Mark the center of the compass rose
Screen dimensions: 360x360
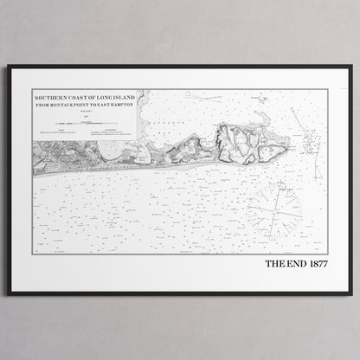point(275,211)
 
